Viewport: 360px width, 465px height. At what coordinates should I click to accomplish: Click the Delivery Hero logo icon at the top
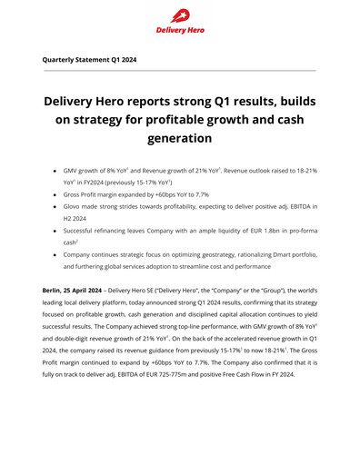point(179,15)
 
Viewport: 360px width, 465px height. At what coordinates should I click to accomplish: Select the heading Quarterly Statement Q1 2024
point(89,59)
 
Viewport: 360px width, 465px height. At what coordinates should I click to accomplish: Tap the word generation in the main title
point(180,139)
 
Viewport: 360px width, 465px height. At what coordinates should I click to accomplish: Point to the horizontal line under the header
point(180,71)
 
